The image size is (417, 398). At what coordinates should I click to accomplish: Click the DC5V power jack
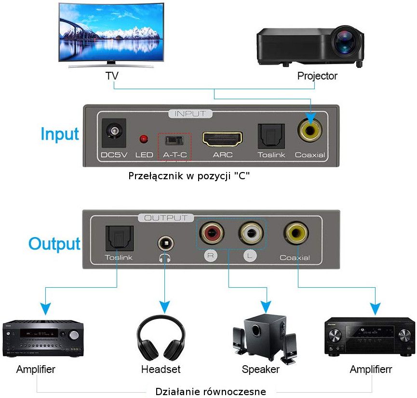[114, 133]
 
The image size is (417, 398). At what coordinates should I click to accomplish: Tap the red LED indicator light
[144, 139]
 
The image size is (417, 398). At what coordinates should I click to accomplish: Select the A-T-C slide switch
[174, 140]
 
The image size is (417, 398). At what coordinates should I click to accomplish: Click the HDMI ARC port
[222, 139]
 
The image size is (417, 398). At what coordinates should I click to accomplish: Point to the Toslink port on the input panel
[271, 136]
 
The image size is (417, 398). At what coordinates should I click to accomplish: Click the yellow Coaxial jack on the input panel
[310, 130]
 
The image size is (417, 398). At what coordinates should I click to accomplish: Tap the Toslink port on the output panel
[120, 238]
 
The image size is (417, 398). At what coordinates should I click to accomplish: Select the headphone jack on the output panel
[166, 244]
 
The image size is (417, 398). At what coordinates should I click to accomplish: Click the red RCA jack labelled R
[212, 233]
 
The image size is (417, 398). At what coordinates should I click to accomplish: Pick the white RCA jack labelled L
[251, 233]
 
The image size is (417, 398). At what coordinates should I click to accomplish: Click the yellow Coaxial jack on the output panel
[296, 233]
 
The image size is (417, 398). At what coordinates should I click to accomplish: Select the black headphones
[161, 338]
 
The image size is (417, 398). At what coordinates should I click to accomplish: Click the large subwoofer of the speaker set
[264, 335]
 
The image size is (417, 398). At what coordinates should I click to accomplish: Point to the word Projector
[317, 76]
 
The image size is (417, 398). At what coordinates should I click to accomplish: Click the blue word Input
[60, 134]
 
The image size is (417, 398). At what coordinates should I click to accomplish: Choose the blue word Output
[54, 244]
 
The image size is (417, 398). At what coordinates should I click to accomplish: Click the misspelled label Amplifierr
[371, 369]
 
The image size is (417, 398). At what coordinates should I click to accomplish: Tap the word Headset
[161, 369]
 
